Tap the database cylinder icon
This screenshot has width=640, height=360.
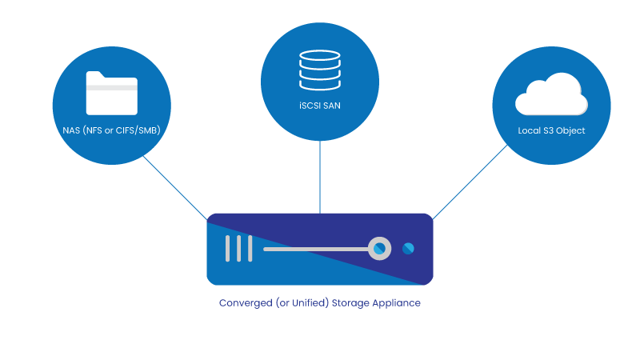319,70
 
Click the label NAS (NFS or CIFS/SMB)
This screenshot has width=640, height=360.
112,129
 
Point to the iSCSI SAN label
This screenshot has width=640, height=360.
319,106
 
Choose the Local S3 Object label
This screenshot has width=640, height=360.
551,129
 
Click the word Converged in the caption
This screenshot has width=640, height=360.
243,304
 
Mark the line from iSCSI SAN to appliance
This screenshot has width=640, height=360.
320,176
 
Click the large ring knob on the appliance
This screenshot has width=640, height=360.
379,249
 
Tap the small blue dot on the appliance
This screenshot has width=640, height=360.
408,249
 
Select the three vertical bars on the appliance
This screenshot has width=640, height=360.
238,249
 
